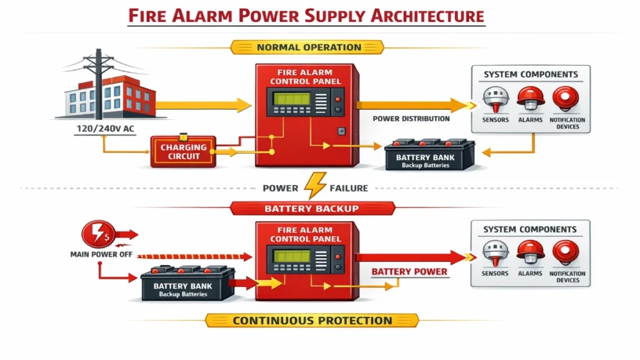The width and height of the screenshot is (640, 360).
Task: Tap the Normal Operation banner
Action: coord(309,47)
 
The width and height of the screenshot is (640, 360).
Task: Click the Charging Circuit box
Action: coord(183,151)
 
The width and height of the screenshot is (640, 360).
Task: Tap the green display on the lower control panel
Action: coord(288,256)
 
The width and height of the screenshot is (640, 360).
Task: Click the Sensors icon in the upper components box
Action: coord(496,99)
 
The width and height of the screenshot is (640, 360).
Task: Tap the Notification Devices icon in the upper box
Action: coord(566,99)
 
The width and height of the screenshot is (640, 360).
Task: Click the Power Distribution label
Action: coord(411,119)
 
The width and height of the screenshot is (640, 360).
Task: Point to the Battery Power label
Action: coord(409,272)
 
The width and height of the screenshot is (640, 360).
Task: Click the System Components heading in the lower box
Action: coord(531,229)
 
